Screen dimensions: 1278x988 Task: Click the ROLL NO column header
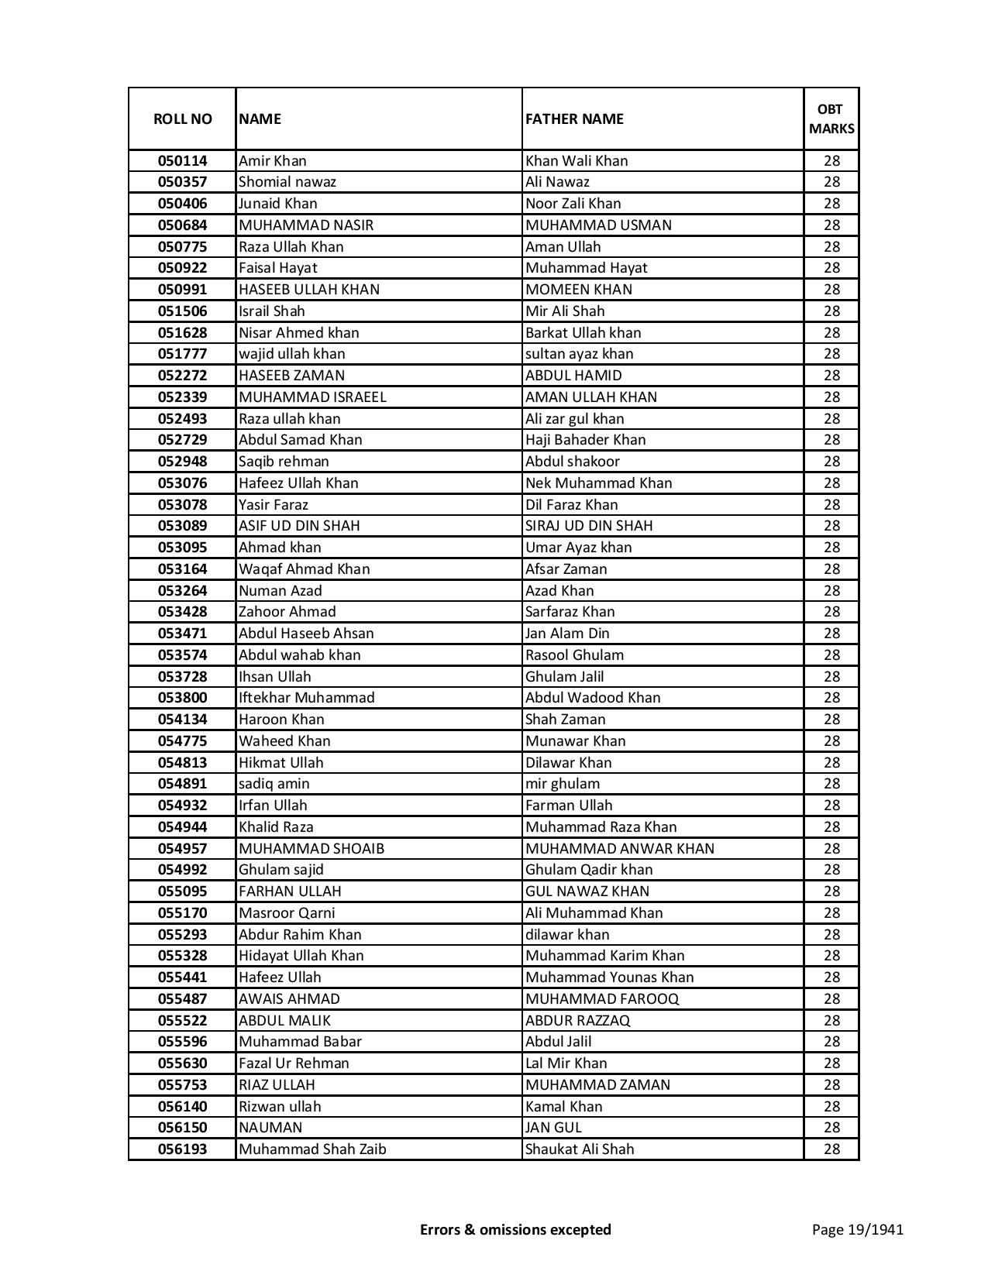click(x=182, y=119)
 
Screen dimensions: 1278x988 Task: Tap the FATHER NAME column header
click(x=574, y=119)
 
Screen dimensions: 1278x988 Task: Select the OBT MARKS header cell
click(x=831, y=119)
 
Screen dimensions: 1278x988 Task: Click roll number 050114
click(x=182, y=161)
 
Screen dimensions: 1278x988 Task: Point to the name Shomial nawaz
click(x=287, y=182)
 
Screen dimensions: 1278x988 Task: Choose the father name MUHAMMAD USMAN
click(x=598, y=225)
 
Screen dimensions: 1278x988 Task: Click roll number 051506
click(x=182, y=311)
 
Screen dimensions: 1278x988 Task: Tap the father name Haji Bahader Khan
click(x=585, y=440)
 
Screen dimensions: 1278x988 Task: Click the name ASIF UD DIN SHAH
click(x=299, y=526)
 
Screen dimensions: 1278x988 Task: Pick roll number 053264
click(x=182, y=590)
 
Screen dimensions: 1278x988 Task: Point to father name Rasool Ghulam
click(x=574, y=655)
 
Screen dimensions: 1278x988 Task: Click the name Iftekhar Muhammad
click(x=306, y=698)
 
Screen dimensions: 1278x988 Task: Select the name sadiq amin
click(x=274, y=784)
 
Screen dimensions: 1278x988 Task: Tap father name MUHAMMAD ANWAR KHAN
click(x=620, y=848)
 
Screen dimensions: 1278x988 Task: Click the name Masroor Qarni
click(x=287, y=913)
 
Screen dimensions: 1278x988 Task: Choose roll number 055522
click(x=182, y=1021)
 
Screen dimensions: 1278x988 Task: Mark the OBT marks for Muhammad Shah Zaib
click(x=831, y=1149)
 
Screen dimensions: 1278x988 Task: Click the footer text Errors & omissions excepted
click(x=515, y=1229)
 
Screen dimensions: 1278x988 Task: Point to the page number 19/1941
click(x=857, y=1229)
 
